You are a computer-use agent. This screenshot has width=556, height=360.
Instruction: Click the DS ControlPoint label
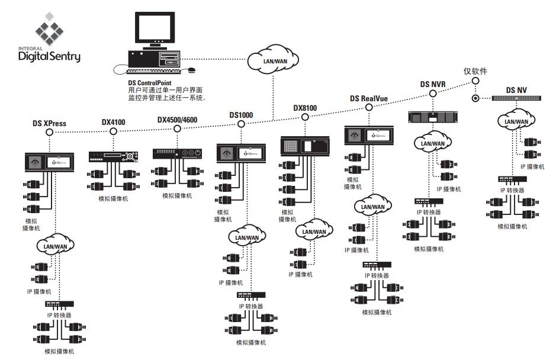[x=150, y=83]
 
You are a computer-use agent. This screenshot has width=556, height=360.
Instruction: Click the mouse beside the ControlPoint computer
[x=191, y=70]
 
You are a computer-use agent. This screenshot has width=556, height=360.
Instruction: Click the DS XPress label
[x=49, y=124]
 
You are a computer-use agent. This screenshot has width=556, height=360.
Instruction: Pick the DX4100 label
[x=114, y=122]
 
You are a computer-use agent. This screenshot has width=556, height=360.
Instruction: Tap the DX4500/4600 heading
[x=177, y=120]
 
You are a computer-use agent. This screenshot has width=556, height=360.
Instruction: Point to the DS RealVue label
[x=368, y=99]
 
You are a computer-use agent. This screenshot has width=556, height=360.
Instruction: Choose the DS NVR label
[x=433, y=84]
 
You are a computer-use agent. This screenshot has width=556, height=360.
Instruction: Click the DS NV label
[x=516, y=90]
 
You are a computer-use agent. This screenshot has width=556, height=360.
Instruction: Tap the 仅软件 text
[x=475, y=71]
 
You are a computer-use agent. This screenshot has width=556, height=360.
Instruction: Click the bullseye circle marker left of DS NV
[x=475, y=98]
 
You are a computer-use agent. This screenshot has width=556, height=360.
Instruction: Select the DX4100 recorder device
[x=114, y=157]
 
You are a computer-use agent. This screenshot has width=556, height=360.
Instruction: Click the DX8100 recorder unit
[x=304, y=145]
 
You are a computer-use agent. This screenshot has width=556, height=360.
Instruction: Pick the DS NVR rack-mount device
[x=433, y=117]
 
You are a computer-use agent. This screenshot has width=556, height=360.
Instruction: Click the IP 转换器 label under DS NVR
[x=429, y=212]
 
